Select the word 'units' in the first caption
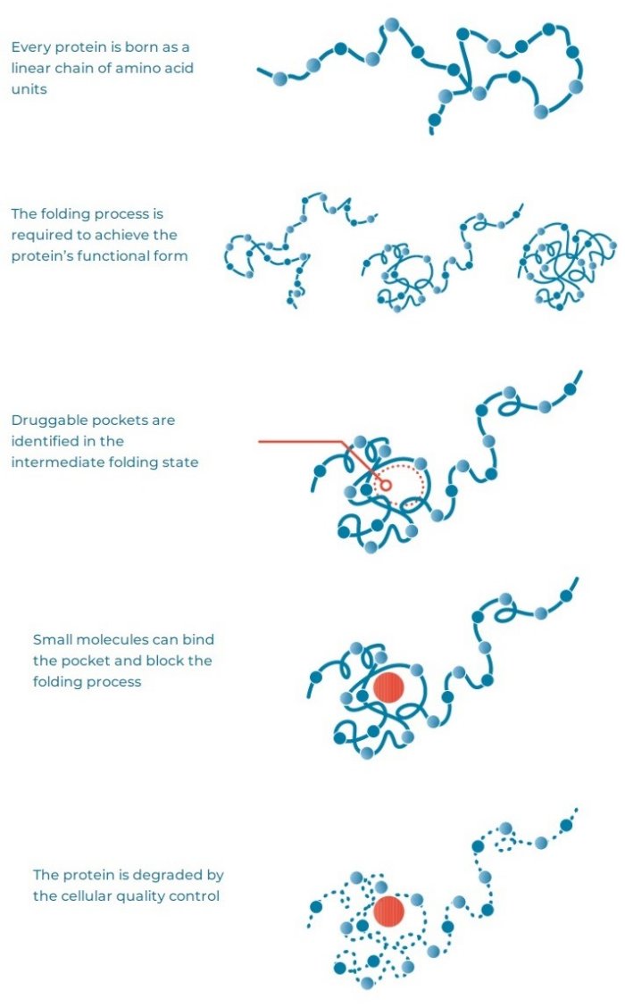click(29, 89)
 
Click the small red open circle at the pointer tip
click(386, 485)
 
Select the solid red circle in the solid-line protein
click(388, 687)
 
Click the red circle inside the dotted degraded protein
click(388, 911)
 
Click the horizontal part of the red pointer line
click(301, 442)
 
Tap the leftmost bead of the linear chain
click(279, 79)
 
